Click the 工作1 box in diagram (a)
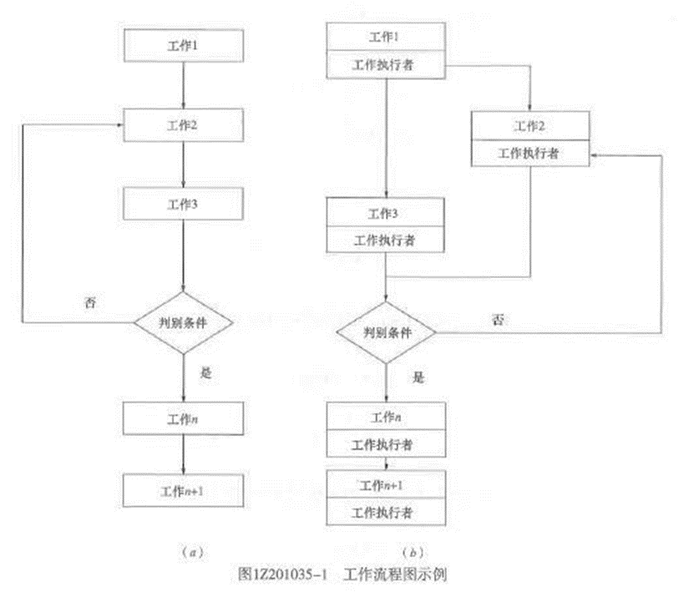click(183, 43)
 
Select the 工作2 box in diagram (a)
click(183, 124)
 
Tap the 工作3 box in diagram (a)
click(183, 203)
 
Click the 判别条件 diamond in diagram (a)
click(183, 321)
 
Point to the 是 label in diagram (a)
click(206, 373)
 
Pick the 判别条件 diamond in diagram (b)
click(387, 332)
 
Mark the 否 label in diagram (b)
click(499, 318)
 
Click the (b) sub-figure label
click(410, 552)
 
